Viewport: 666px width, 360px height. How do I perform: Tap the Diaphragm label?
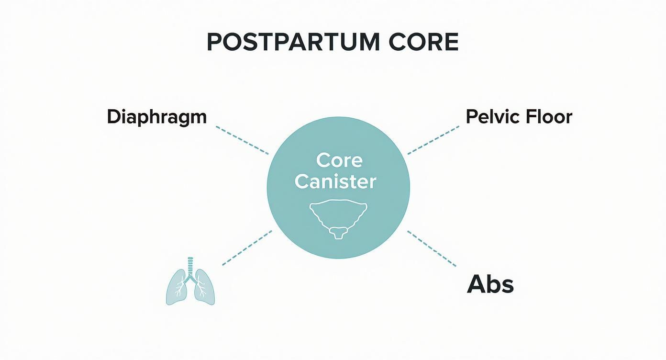(x=156, y=117)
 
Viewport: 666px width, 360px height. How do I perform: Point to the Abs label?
(x=490, y=284)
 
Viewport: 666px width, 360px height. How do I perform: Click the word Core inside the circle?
(x=338, y=160)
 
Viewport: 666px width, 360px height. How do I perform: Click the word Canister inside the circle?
(x=335, y=181)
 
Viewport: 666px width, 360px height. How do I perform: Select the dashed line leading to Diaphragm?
(x=242, y=140)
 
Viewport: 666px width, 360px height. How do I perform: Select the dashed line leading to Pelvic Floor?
(x=433, y=140)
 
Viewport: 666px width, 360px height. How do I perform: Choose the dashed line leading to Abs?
(x=432, y=248)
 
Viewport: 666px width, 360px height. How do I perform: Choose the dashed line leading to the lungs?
(x=247, y=247)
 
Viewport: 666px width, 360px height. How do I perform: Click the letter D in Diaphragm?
(x=113, y=117)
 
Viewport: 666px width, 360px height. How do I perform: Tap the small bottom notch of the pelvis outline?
(x=338, y=233)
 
